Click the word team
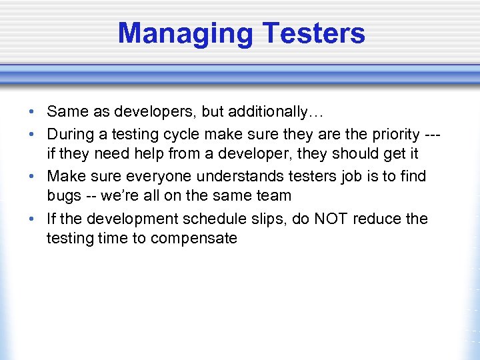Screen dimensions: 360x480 [271, 196]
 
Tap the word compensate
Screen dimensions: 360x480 [194, 239]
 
